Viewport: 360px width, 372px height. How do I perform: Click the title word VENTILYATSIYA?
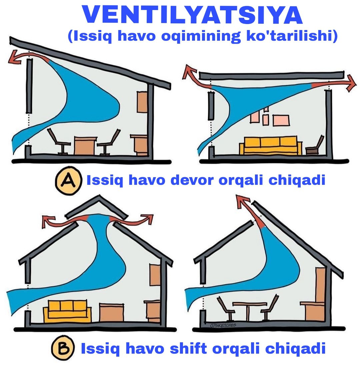[192, 15]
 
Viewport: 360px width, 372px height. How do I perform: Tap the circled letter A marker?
[69, 180]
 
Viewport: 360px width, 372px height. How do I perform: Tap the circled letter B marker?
[63, 348]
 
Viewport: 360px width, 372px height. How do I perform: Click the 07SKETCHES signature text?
[223, 325]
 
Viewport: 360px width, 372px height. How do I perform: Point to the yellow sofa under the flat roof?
[271, 145]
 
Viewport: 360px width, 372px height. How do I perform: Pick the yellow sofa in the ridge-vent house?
[67, 311]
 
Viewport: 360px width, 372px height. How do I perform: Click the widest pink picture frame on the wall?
[281, 120]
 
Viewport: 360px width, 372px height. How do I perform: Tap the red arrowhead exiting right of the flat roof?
[351, 83]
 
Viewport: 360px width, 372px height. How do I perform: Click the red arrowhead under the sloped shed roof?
[14, 57]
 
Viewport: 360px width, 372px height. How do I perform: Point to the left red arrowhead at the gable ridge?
[47, 221]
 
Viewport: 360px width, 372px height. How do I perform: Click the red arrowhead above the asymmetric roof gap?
[242, 202]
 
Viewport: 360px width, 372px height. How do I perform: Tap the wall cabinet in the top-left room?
[142, 102]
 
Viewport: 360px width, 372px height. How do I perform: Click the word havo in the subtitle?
[137, 36]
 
